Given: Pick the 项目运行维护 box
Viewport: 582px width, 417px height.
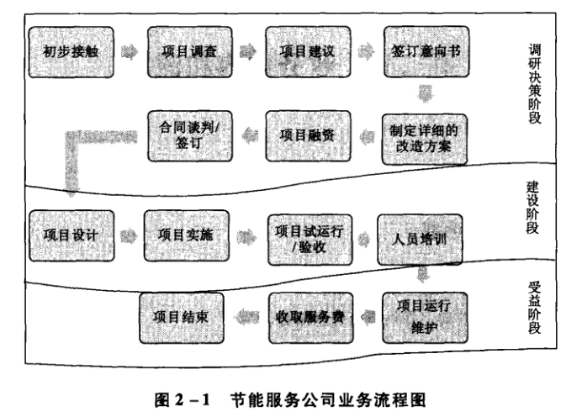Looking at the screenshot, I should pos(425,316).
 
